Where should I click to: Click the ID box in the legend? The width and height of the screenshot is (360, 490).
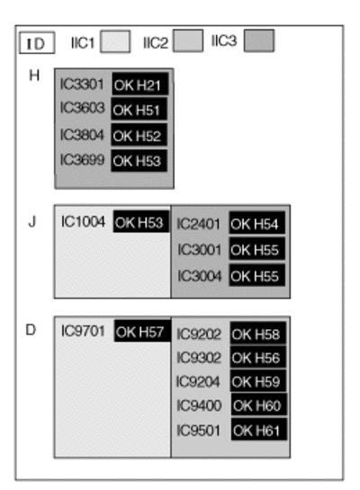pos(37,43)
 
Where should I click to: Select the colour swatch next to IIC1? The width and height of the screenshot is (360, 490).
pos(115,41)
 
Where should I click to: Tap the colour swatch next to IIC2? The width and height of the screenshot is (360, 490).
pos(188,40)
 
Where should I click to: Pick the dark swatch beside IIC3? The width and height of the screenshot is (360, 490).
pos(259,40)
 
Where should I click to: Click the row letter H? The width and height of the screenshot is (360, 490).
pos(34,76)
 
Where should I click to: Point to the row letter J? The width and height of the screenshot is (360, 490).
pos(32,222)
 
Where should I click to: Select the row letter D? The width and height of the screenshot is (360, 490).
pos(31,330)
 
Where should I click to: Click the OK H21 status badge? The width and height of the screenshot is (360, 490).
pos(140,84)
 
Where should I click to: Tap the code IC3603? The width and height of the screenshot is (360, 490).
pos(82,108)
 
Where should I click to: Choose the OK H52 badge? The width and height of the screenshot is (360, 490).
pos(139,135)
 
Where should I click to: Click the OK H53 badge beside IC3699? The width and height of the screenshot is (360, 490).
pos(139,161)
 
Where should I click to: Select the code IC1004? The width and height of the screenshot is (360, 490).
pos(83,222)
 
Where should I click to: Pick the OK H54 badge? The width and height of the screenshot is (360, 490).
pos(257,223)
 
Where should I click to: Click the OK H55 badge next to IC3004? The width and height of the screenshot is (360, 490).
pos(257,275)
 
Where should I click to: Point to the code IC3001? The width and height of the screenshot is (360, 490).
pos(199,250)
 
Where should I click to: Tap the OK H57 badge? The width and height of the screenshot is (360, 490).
pos(142,331)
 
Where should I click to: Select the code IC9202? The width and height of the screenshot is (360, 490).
pos(199,334)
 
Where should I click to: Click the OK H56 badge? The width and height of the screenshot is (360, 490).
pos(258,357)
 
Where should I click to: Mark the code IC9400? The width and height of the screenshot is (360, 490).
pos(199,405)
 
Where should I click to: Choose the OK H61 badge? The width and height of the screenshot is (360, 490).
pos(259,430)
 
